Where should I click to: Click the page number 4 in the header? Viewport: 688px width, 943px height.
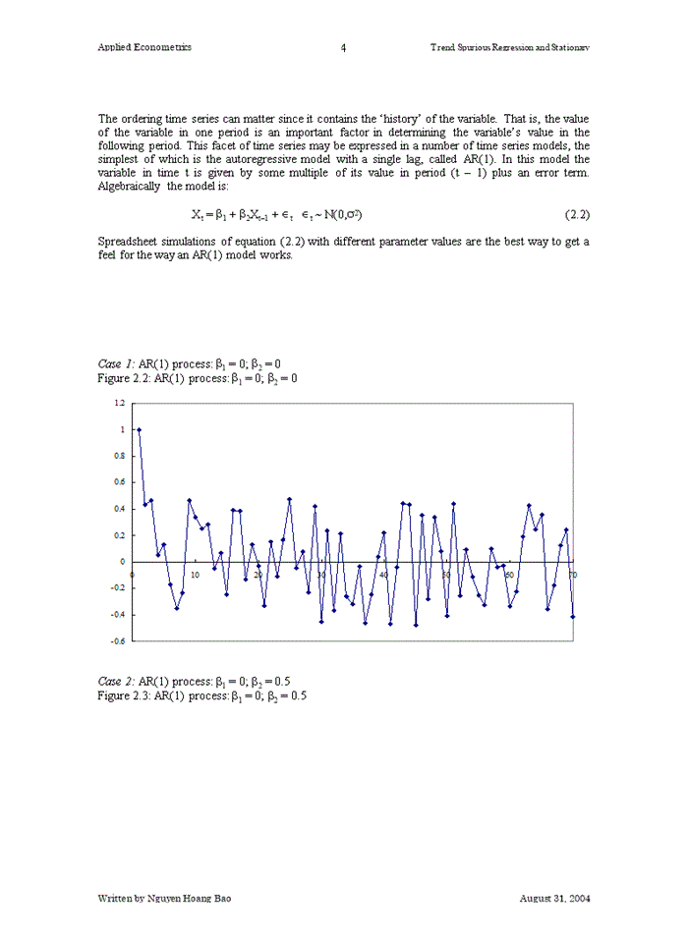click(343, 47)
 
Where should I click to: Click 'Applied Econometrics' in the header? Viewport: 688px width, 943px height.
click(144, 47)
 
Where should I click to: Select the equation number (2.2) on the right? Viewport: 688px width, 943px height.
click(577, 213)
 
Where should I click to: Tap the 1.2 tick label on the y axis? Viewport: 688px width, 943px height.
click(119, 403)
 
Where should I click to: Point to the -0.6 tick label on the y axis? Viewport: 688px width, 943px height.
click(117, 640)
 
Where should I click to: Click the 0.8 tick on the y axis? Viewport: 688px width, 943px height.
click(119, 456)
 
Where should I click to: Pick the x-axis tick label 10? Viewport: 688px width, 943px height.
click(195, 575)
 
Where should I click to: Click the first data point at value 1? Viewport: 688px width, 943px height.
click(139, 429)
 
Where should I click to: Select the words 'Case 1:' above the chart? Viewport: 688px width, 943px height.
click(117, 363)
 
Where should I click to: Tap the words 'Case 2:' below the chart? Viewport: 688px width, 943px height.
click(117, 681)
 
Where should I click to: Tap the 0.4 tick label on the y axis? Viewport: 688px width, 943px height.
click(119, 509)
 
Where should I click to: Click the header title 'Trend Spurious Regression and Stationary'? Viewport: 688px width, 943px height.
click(510, 47)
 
